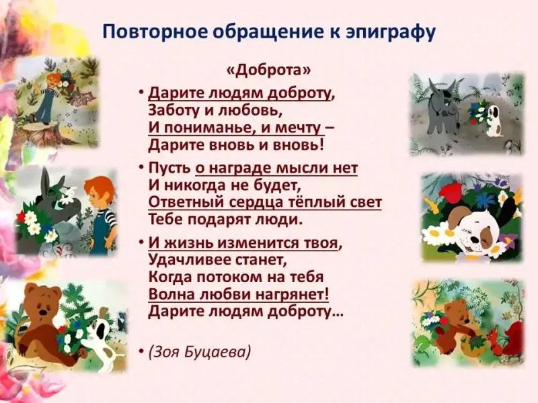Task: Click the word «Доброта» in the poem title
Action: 268,70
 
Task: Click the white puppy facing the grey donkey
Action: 493,120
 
